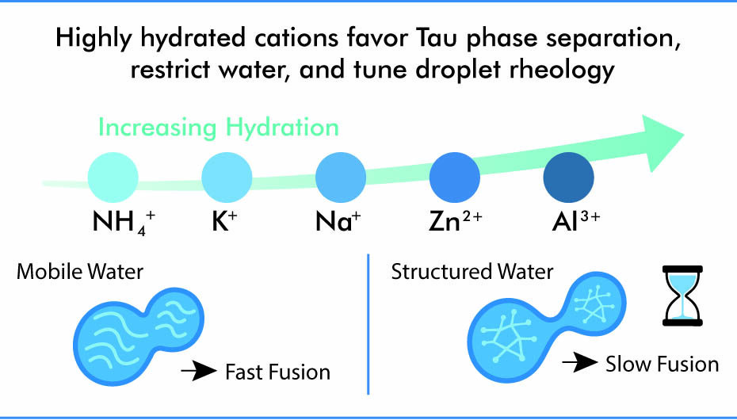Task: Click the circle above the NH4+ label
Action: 113,178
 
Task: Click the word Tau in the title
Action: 449,40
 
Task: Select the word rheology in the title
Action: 556,70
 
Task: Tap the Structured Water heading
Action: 472,273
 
